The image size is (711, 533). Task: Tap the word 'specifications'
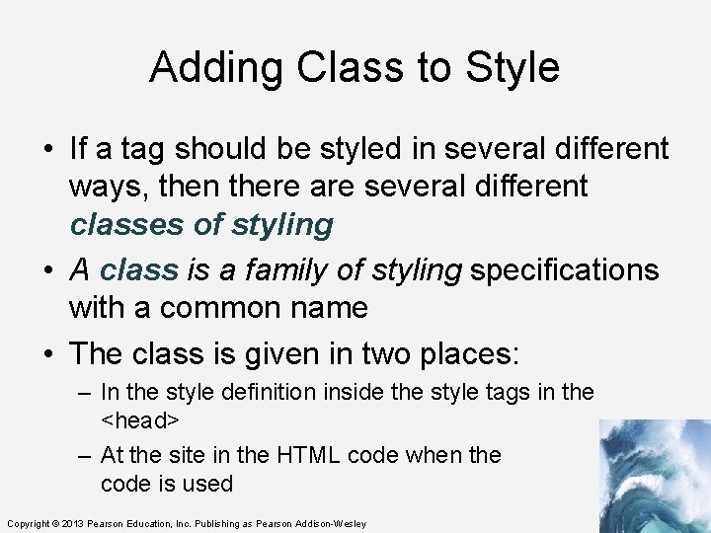(x=564, y=269)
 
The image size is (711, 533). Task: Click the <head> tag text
(x=139, y=419)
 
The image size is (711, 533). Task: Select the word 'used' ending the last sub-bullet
(x=211, y=484)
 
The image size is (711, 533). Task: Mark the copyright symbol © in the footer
(x=56, y=523)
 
